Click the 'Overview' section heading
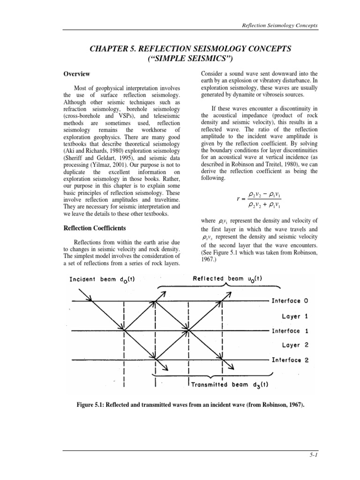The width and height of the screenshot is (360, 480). [77, 75]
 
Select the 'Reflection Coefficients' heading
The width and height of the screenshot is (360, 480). [96, 228]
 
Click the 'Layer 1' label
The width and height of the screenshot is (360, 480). [294, 316]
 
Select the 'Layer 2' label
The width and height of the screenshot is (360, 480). [294, 345]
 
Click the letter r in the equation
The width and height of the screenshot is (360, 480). [239, 198]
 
